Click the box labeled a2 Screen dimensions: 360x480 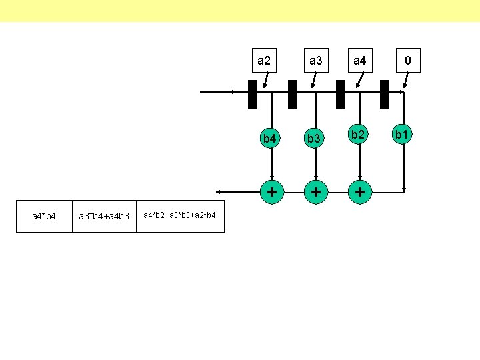tap(264, 61)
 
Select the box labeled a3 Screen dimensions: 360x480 tap(315, 61)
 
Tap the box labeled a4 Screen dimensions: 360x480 tap(359, 61)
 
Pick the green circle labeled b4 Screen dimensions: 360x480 tap(270, 139)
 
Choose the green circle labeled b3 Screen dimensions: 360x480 tap(315, 139)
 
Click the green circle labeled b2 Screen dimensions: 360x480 tap(360, 136)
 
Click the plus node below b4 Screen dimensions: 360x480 tap(271, 192)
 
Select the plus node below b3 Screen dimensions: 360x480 tap(315, 192)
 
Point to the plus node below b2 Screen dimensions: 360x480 tap(360, 192)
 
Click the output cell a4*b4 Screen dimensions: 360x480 tap(44, 216)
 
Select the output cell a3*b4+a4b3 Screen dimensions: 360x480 tap(104, 216)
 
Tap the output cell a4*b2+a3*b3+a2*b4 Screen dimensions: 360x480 tap(180, 216)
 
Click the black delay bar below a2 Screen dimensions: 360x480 tap(252, 94)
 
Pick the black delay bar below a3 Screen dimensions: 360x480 tap(292, 94)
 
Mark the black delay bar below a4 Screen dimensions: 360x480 tap(340, 94)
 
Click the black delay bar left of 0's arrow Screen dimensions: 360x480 tap(384, 94)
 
